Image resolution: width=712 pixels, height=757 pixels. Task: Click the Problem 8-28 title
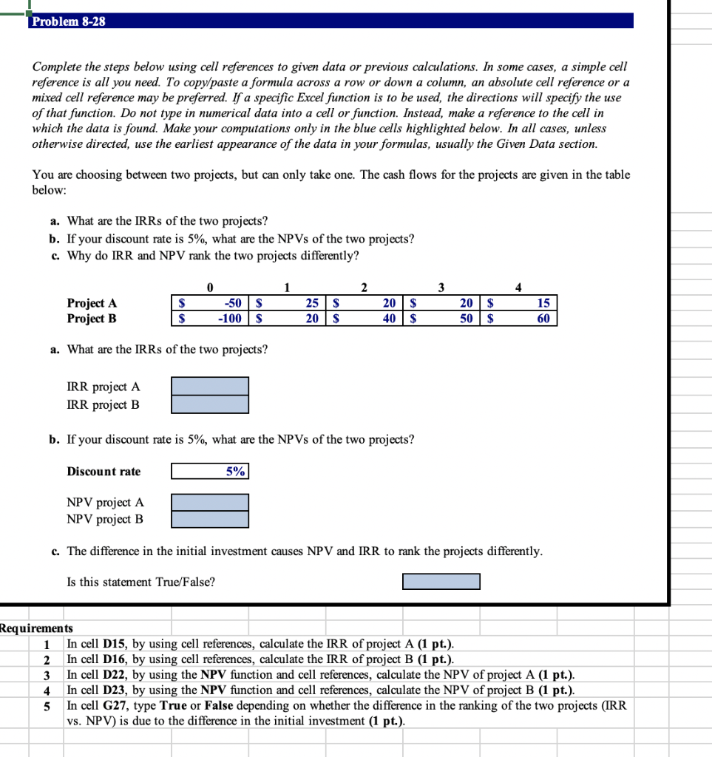coord(69,21)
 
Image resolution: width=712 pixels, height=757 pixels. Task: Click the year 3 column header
coord(441,287)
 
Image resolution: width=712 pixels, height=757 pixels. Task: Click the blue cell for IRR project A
coord(210,387)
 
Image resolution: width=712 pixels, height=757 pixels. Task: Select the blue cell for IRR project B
coord(210,404)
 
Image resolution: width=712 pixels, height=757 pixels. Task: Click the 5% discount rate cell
coord(210,472)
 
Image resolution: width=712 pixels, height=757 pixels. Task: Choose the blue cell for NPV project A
coord(210,503)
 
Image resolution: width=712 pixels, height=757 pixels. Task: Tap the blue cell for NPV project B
coord(210,519)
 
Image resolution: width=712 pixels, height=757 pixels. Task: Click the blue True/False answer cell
coord(441,582)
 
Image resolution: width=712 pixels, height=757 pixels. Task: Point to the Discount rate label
coord(104,472)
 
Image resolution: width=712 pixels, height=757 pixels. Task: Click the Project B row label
coord(92,319)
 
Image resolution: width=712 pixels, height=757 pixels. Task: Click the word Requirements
coord(36,628)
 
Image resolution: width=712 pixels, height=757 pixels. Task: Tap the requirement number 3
coord(47,675)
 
